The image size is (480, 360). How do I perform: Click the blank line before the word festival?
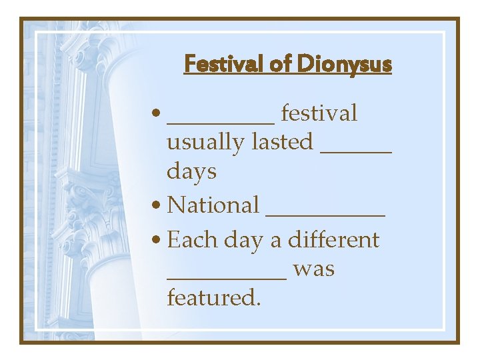click(220, 122)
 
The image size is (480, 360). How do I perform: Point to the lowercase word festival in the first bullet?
click(319, 113)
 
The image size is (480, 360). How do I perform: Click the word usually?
click(206, 142)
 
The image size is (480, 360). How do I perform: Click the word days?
click(191, 172)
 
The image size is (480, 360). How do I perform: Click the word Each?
click(190, 240)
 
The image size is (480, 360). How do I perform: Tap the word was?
click(313, 270)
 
